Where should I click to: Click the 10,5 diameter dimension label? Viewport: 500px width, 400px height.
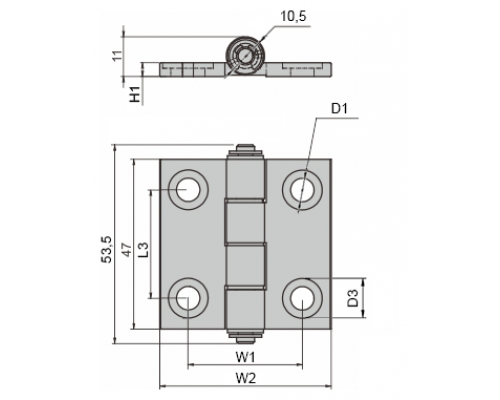point(293,17)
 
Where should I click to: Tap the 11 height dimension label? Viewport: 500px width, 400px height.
point(117,56)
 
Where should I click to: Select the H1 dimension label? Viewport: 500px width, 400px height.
point(135,94)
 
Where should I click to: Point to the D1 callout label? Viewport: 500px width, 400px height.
point(339,109)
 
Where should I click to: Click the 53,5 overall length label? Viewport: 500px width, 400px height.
point(107,250)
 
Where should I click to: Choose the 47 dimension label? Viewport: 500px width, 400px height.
point(126,249)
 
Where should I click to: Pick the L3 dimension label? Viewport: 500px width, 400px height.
point(143,249)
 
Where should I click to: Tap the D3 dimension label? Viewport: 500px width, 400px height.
point(352,298)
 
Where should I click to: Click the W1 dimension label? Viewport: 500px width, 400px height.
point(246,357)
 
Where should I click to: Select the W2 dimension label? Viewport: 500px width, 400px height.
point(246,378)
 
